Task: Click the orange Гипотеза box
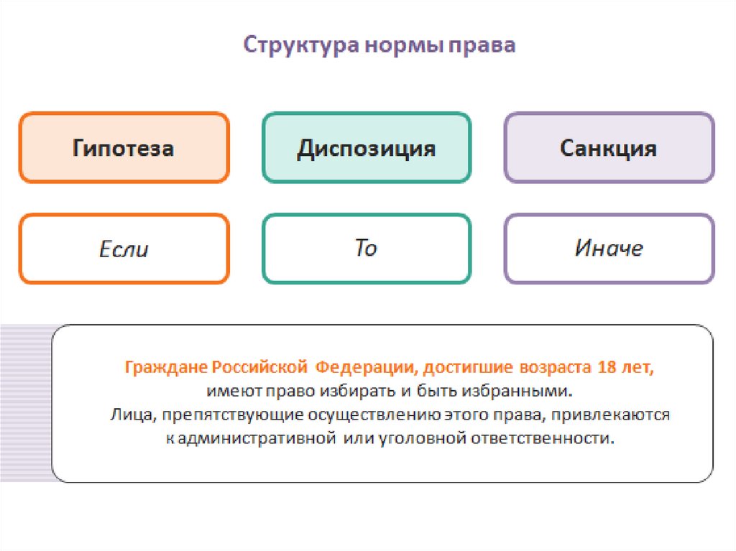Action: coord(124,148)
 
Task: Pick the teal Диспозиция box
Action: coord(367,148)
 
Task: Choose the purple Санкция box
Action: coord(609,148)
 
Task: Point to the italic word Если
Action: coord(124,249)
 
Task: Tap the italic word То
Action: coord(366,249)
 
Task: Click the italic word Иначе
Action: coord(609,249)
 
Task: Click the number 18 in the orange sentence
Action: coord(605,368)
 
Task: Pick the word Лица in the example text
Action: coord(129,415)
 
